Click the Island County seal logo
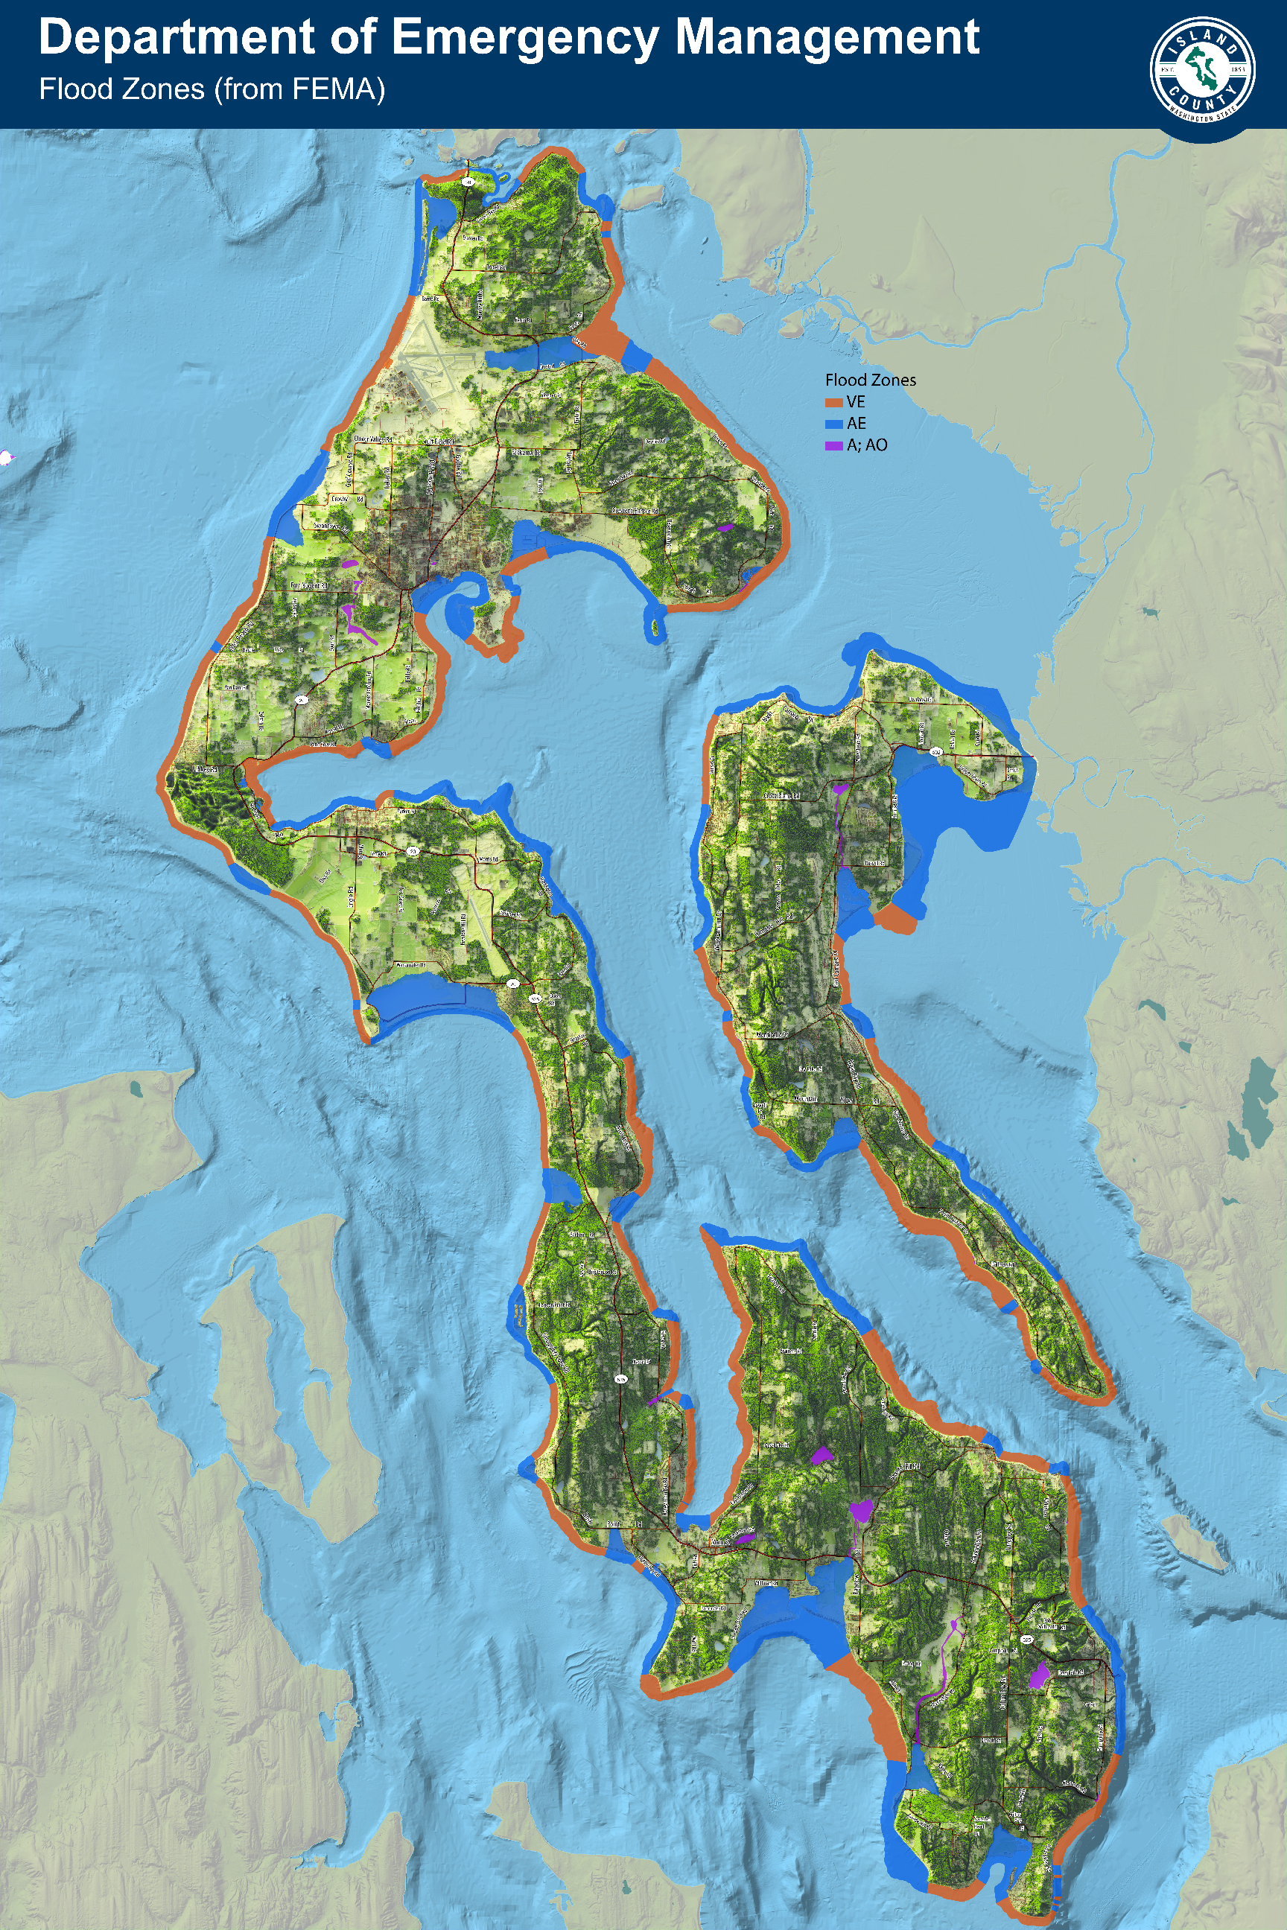pos(1202,70)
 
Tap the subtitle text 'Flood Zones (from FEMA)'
pos(212,89)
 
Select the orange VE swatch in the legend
pos(834,402)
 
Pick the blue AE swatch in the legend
pos(834,424)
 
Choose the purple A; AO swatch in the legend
pos(834,445)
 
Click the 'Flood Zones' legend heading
pos(870,380)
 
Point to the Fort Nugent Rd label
pos(309,586)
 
